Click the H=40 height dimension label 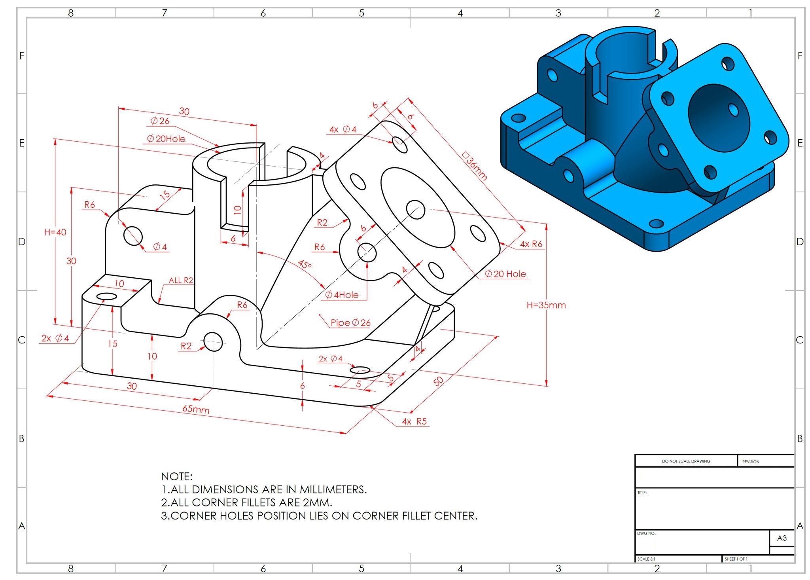tap(55, 232)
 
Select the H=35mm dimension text tap(546, 305)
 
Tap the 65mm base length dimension tap(196, 409)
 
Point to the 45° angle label tap(305, 264)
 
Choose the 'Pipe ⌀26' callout tap(350, 323)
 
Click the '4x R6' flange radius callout tap(531, 244)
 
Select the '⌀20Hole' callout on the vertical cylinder tap(166, 139)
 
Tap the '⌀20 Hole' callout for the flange tap(505, 274)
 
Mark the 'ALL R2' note tap(181, 281)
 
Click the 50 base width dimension tap(438, 381)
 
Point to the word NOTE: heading tap(177, 476)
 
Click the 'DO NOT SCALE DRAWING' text tap(686, 461)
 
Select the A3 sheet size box tap(782, 538)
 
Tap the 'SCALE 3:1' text tap(646, 559)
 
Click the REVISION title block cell tap(751, 462)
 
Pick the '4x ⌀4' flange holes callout tap(343, 129)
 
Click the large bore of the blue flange tap(719, 118)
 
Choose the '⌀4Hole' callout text tap(342, 295)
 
